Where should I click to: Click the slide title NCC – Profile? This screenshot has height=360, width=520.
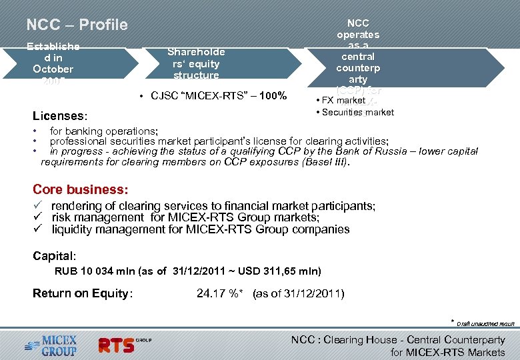[x=77, y=25]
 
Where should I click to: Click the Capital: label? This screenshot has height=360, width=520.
[x=55, y=255]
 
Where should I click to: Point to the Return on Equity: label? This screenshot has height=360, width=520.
[x=83, y=293]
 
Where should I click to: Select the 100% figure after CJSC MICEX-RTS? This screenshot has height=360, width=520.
[x=273, y=96]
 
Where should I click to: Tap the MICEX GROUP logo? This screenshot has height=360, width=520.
[x=51, y=345]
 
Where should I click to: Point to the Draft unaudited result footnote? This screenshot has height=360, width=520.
[x=485, y=324]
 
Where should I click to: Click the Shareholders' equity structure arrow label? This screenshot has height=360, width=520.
[x=196, y=63]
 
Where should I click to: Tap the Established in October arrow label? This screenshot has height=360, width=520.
[x=53, y=63]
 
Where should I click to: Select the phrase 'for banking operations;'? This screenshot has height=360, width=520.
[x=103, y=132]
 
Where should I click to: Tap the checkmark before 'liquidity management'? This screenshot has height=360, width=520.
[x=39, y=229]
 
